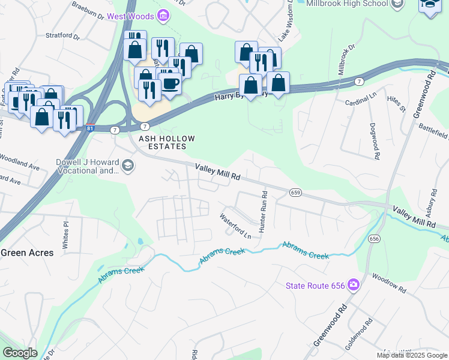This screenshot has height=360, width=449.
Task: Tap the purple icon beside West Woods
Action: [163, 14]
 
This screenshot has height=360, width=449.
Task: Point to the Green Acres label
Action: [27, 253]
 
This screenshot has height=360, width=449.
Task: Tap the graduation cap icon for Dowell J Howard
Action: [127, 166]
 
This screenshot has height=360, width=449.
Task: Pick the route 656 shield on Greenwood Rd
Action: [375, 238]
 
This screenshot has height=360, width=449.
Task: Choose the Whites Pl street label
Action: [66, 228]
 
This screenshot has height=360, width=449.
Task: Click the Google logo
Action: [20, 353]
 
